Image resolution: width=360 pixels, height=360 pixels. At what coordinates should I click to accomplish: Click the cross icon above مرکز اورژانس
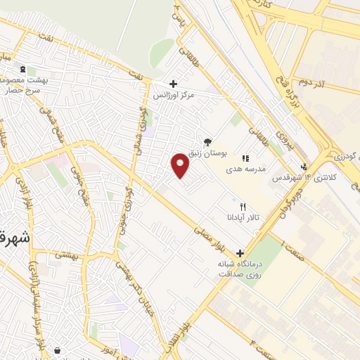[x=173, y=84]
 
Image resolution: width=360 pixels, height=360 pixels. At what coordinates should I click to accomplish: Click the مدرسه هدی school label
[x=243, y=169]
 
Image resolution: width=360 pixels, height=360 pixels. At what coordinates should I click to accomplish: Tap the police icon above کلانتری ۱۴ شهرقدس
[x=303, y=167]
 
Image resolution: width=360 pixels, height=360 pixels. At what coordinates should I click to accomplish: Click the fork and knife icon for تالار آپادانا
[x=243, y=207]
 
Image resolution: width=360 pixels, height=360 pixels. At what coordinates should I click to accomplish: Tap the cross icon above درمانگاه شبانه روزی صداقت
[x=241, y=253]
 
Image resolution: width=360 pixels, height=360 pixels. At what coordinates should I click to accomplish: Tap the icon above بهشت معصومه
[x=23, y=70]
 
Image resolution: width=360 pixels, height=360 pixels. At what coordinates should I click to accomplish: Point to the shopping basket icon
[x=56, y=350]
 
